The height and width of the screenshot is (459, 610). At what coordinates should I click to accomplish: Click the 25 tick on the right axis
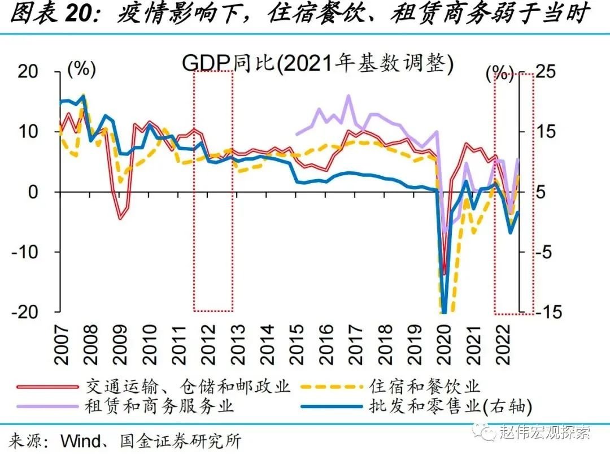coord(545,72)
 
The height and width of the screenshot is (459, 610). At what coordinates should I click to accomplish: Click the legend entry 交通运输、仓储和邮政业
coord(188,387)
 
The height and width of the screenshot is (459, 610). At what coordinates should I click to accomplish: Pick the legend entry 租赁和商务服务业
coord(159,406)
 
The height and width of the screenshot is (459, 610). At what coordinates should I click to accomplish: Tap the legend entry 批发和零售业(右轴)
coord(450,406)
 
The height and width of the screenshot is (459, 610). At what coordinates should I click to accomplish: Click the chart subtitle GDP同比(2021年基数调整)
coord(317,64)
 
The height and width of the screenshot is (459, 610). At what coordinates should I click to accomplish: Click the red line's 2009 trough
coord(120,217)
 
